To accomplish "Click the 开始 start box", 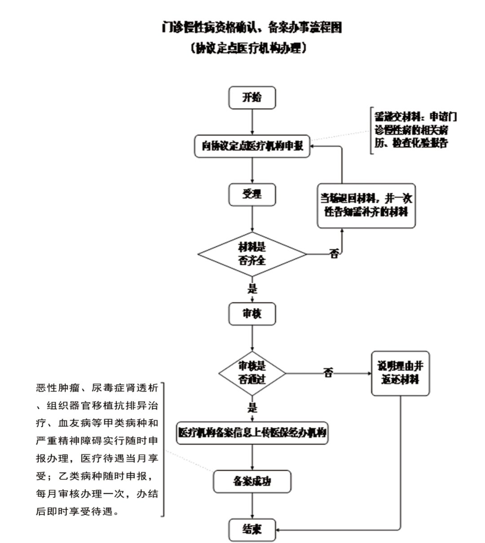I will point(251,98).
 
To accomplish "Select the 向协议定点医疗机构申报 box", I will point(252,146).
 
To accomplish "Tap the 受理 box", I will point(251,194).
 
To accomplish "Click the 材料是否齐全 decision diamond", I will point(252,254).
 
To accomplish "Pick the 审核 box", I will point(251,314).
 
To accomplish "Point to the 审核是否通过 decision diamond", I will point(252,373).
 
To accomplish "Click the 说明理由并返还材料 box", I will point(400,373).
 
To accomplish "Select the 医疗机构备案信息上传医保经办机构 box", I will point(252,433).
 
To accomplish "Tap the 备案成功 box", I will point(252,482).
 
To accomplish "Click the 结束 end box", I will point(251,530).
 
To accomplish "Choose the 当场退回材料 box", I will point(366,205).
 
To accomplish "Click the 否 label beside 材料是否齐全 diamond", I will point(334,254).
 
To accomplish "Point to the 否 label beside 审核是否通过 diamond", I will point(329,373).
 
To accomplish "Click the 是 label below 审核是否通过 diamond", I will point(252,408).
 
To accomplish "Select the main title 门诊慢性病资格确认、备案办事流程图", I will point(252,28).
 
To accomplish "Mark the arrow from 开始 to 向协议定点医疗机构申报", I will point(252,122).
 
